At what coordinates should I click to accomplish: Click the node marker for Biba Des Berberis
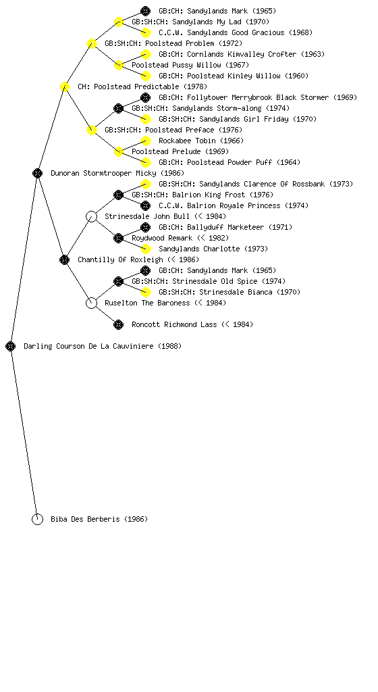37,519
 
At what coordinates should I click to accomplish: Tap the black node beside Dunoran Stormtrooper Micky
37,173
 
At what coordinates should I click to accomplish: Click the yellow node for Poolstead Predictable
64,86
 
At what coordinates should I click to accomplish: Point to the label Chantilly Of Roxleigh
120,259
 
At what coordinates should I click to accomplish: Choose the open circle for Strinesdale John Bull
91,216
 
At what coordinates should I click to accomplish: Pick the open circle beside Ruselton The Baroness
91,303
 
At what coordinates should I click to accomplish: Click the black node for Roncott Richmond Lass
119,324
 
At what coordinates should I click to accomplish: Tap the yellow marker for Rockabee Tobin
145,141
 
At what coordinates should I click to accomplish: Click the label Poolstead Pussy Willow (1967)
190,65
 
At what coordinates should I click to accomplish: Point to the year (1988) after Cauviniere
169,346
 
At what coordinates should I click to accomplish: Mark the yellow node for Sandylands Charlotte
145,249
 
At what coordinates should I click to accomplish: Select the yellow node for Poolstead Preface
91,130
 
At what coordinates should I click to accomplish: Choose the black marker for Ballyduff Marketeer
145,227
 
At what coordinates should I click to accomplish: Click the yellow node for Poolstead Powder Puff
145,162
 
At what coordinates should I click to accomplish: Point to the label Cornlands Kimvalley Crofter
242,54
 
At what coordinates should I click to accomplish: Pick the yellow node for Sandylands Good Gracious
145,32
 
